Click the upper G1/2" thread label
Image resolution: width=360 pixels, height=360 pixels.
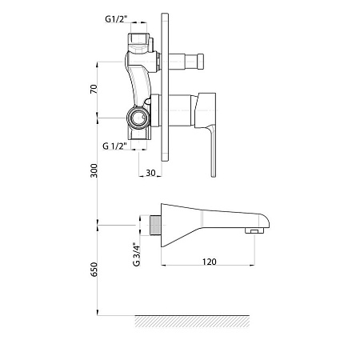[x=116, y=19]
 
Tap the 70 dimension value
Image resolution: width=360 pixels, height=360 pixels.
[x=94, y=89]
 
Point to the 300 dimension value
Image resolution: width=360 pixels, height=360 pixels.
[x=94, y=170]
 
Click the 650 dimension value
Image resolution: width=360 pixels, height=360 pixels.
[x=94, y=269]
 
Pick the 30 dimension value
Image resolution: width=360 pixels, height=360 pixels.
[x=150, y=173]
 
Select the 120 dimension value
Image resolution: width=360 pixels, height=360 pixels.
[x=209, y=262]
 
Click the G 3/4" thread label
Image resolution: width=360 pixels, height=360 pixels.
[x=137, y=254]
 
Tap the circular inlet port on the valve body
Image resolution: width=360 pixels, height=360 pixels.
[x=138, y=118]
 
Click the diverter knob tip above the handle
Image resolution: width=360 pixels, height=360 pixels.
[x=200, y=61]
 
